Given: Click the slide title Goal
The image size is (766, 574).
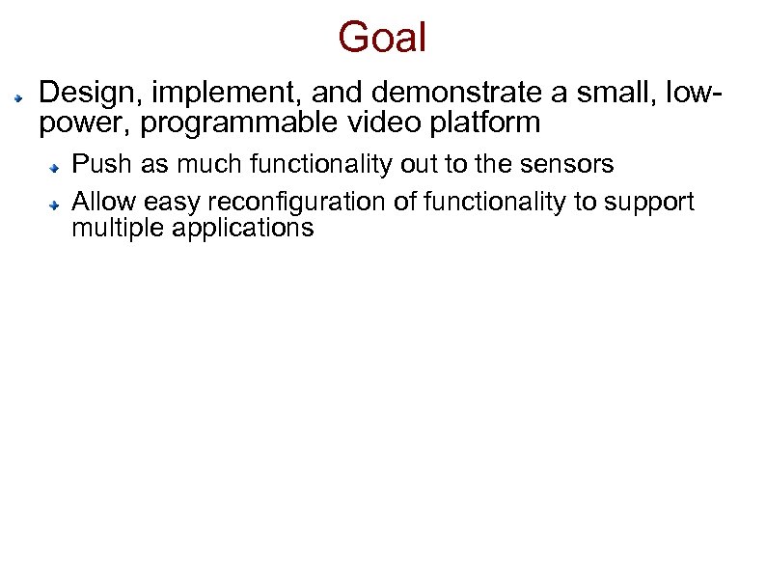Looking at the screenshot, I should coord(382,38).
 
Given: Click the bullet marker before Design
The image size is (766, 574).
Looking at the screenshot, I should coord(18,98).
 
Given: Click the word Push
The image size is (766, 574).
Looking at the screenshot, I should coord(103,165).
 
